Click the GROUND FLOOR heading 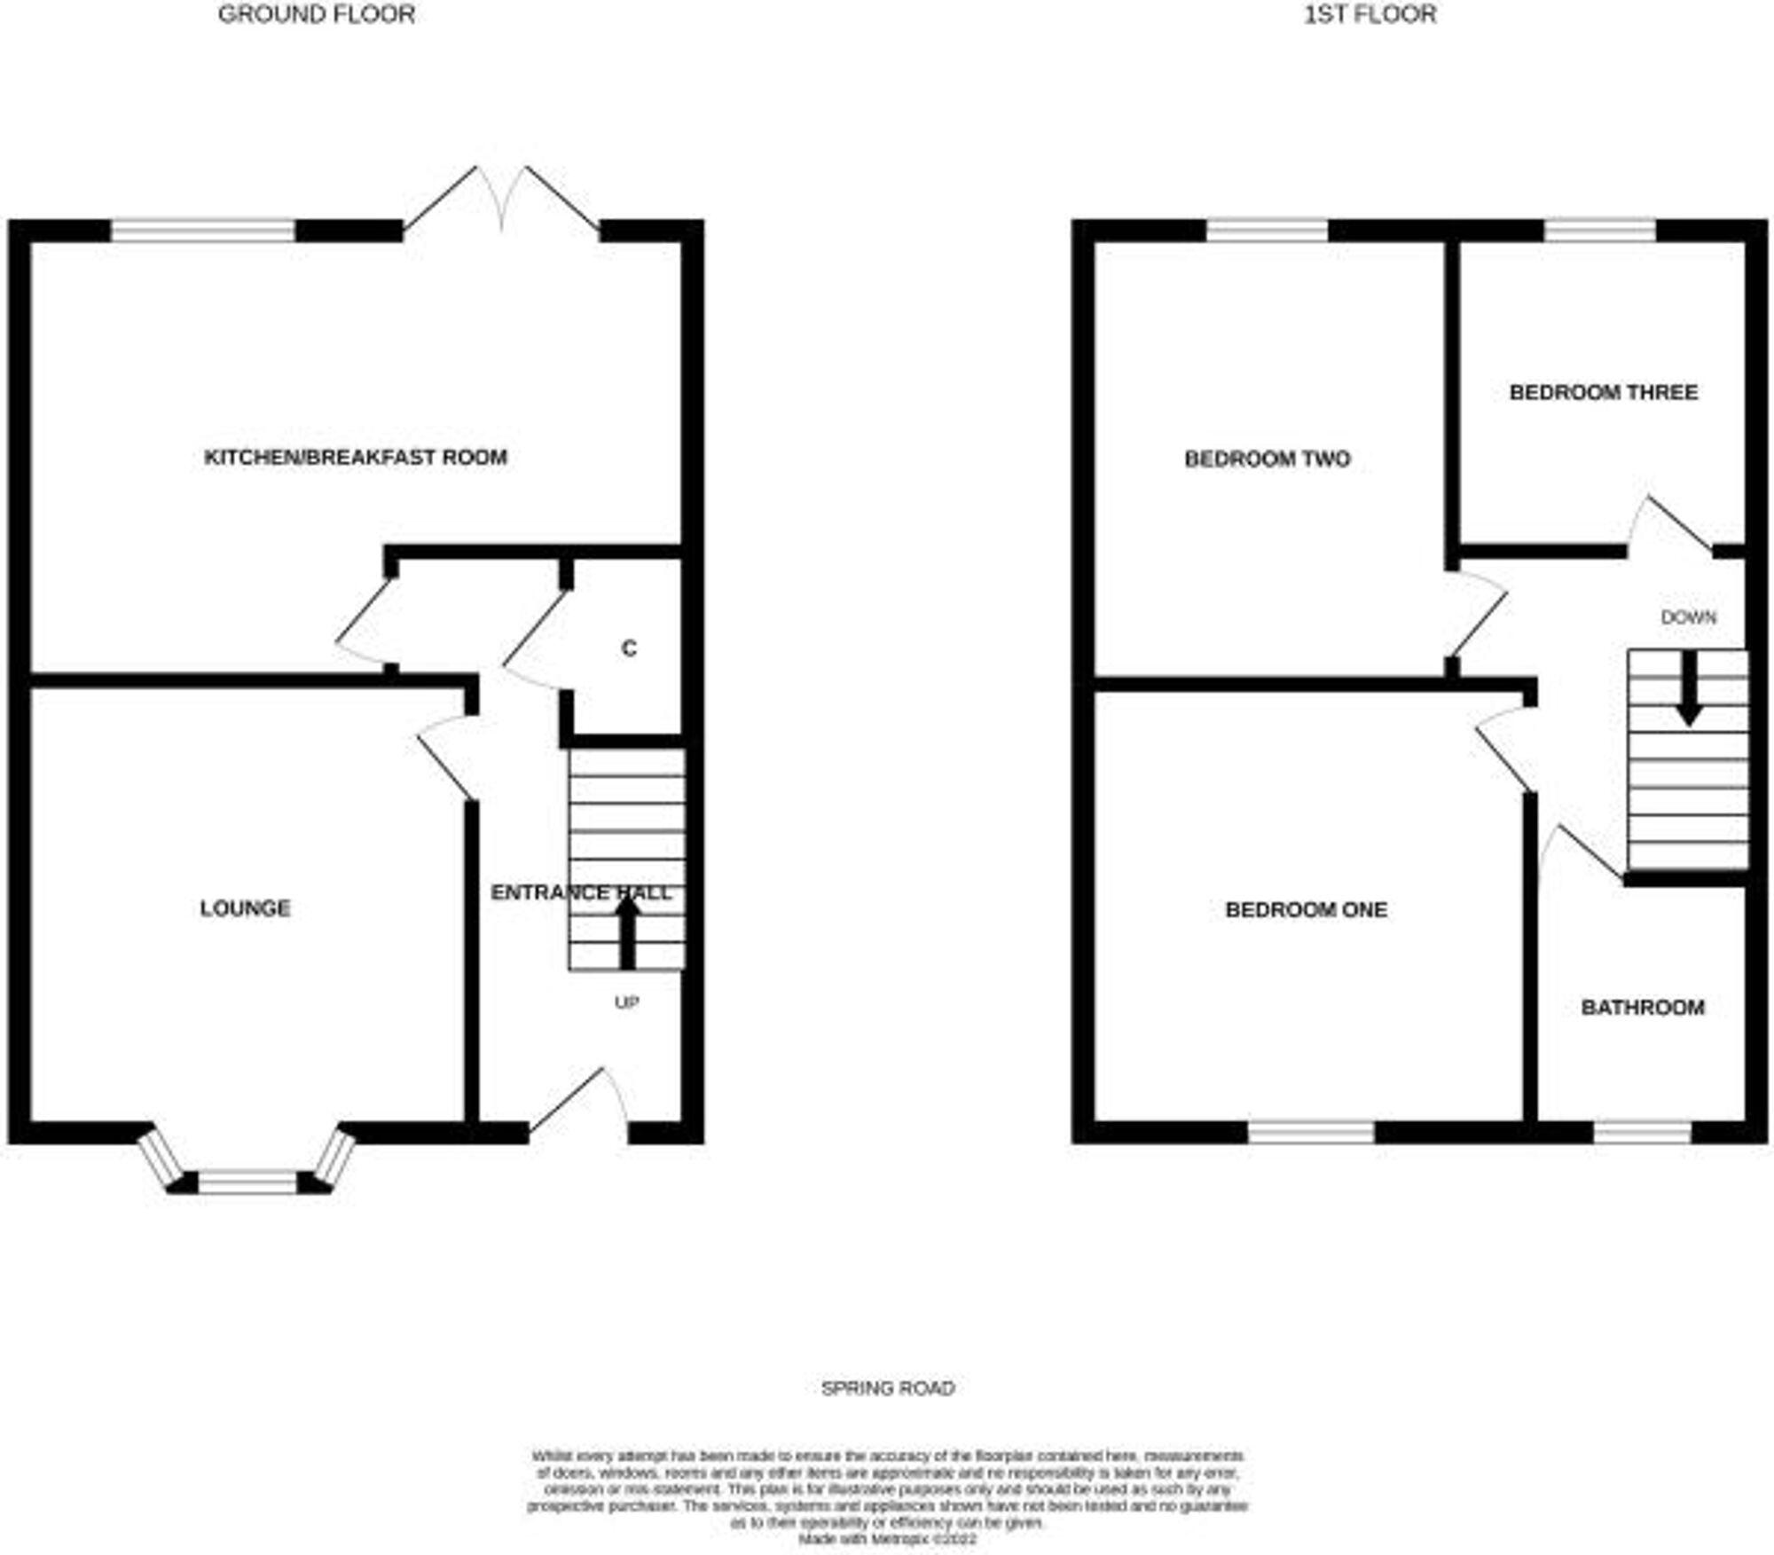[316, 15]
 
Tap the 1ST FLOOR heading [1370, 15]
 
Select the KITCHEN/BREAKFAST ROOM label [356, 458]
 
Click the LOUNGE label [245, 908]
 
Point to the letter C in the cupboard [629, 648]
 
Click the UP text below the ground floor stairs [627, 1002]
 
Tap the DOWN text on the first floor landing [1688, 617]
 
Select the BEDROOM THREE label [1603, 392]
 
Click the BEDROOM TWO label [1267, 459]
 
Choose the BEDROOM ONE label [1306, 909]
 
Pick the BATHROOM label [1643, 1008]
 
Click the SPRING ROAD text [888, 1388]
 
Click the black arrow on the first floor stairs [1688, 688]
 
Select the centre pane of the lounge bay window [247, 1182]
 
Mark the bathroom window [1643, 1133]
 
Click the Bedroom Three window [1599, 232]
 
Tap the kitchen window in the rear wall [202, 232]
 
